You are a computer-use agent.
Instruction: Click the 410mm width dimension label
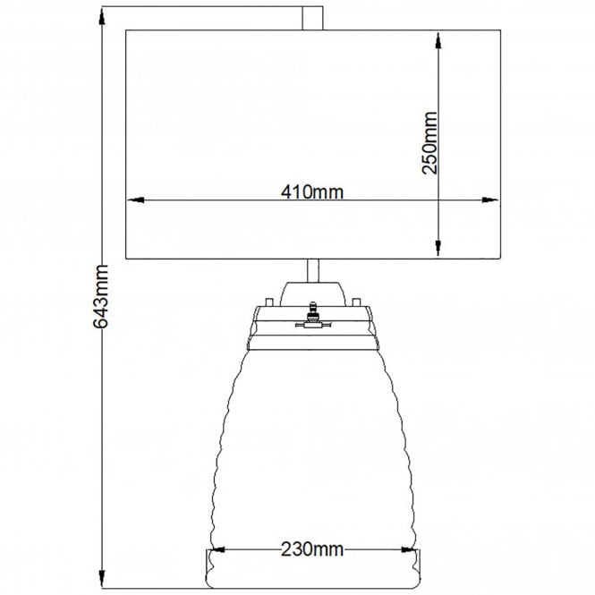coord(312,190)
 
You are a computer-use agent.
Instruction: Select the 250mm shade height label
coord(430,143)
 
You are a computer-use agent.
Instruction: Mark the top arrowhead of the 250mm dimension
coord(439,38)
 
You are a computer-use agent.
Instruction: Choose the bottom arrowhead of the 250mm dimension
coord(439,251)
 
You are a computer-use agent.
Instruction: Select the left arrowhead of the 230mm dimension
coord(217,550)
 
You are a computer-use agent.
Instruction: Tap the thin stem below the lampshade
coord(313,270)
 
